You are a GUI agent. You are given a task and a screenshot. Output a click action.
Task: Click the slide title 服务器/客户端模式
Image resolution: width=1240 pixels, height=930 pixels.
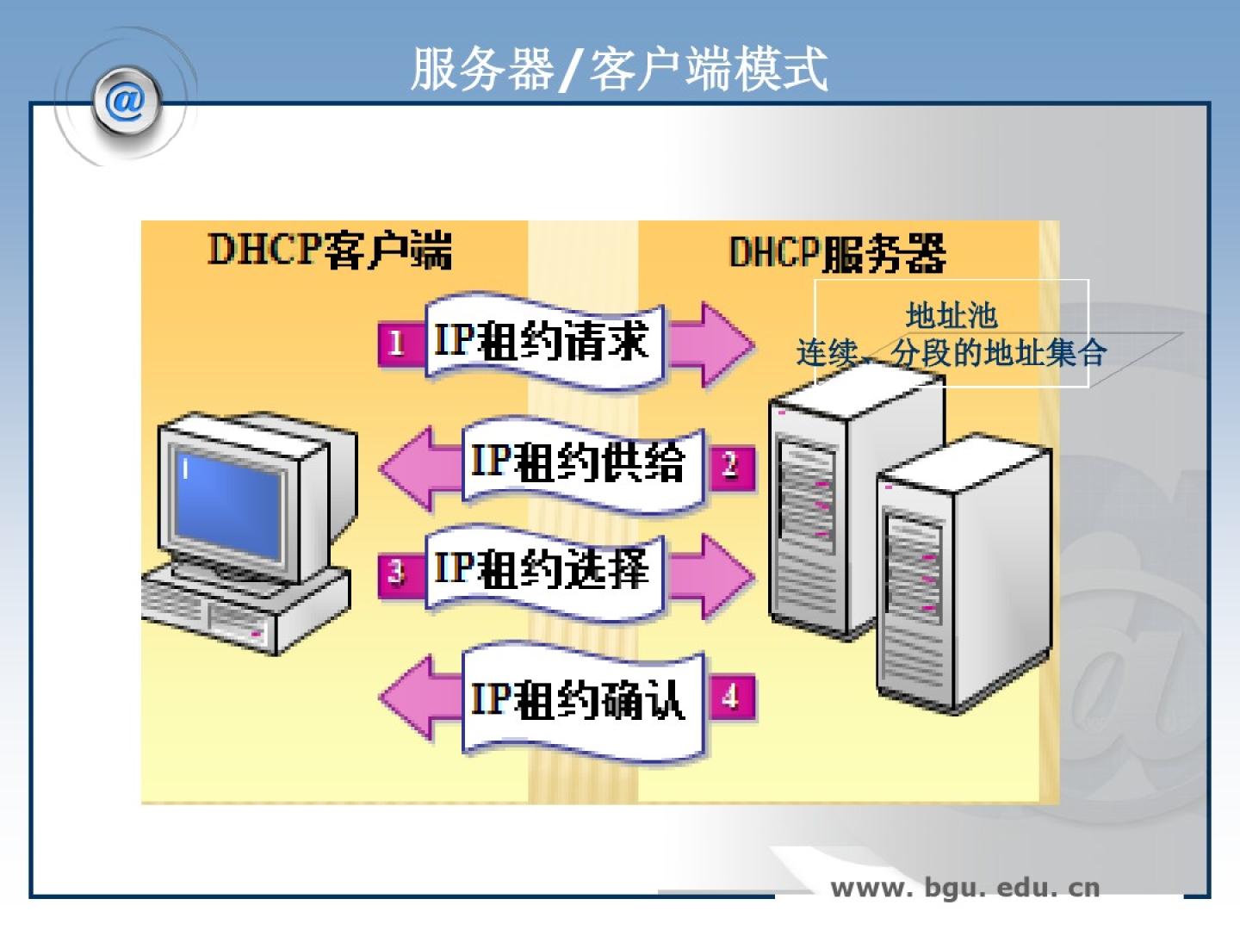pyautogui.click(x=618, y=69)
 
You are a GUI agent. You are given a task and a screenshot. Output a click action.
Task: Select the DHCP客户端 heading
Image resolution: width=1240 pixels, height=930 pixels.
pyautogui.click(x=329, y=250)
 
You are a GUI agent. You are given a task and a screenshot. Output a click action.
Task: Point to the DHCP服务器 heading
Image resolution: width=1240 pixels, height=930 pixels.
pyautogui.click(x=837, y=253)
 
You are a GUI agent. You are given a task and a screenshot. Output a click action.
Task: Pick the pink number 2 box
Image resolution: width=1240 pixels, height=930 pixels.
pyautogui.click(x=731, y=466)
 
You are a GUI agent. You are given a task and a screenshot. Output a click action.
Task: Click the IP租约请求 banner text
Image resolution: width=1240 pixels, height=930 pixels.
pyautogui.click(x=541, y=341)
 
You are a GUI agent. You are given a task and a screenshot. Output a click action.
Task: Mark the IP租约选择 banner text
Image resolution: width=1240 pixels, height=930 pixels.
pyautogui.click(x=541, y=569)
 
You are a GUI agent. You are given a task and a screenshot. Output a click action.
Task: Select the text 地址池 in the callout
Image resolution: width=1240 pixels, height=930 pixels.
pyautogui.click(x=951, y=316)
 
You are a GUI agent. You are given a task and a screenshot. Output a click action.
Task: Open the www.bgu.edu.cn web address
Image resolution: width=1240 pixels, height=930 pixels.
pyautogui.click(x=964, y=888)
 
